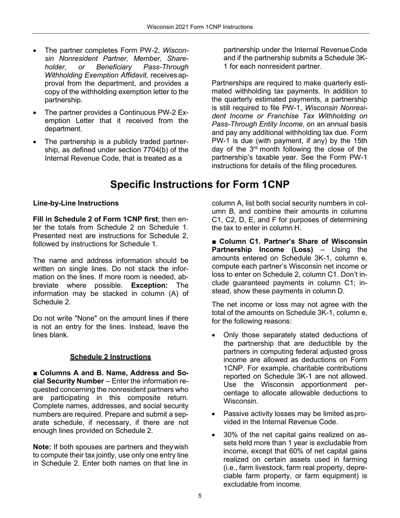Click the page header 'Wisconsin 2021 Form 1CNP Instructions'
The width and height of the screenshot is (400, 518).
(200, 27)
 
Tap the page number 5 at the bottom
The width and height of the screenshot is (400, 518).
(200, 496)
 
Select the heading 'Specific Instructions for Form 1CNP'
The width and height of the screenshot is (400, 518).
(200, 184)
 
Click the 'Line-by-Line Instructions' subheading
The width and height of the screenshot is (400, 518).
(76, 203)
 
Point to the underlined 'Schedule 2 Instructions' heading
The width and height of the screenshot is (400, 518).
(110, 357)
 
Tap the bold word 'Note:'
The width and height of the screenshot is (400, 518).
(42, 446)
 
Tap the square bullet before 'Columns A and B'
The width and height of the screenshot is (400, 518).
(35, 374)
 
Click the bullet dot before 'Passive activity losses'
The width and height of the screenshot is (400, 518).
(215, 414)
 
